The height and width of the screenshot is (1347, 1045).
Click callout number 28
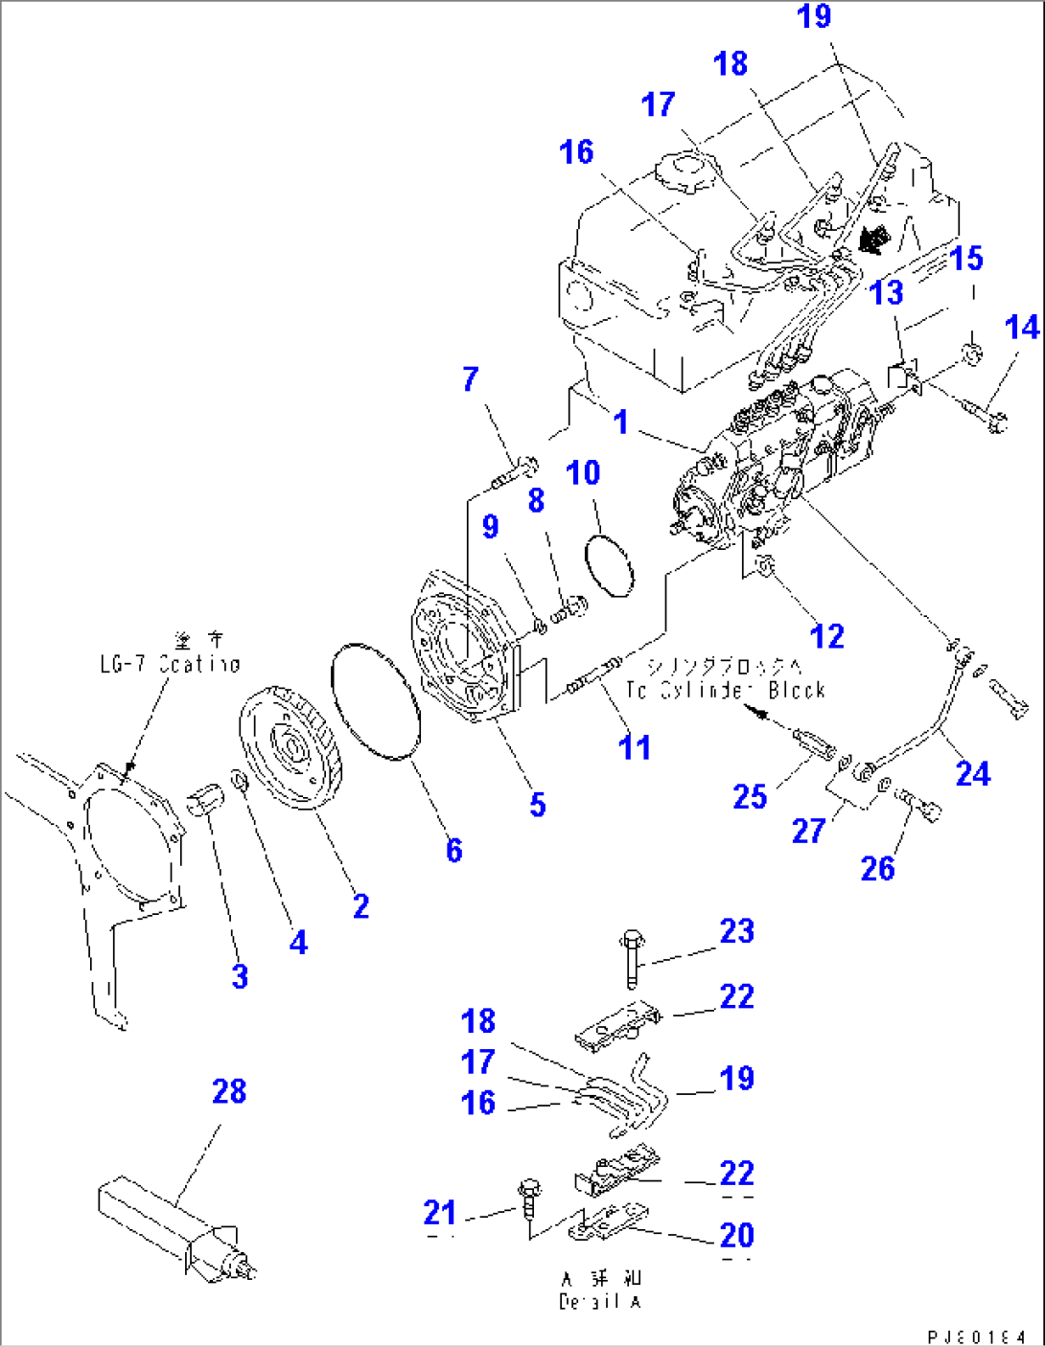tap(229, 1091)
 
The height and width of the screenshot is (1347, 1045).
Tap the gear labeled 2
tap(288, 746)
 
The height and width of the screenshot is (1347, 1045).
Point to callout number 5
tap(538, 805)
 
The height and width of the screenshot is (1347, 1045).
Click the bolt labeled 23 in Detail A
tap(631, 958)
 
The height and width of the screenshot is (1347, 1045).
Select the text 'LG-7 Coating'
tap(171, 664)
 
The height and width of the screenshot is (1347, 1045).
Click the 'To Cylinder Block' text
tap(726, 690)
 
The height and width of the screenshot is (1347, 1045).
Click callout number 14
tap(1022, 328)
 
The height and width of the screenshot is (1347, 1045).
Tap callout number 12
tap(826, 636)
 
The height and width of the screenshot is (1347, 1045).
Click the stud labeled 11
tap(594, 676)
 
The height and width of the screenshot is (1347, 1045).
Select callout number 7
tap(470, 378)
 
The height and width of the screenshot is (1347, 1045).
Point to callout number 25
tap(750, 796)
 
